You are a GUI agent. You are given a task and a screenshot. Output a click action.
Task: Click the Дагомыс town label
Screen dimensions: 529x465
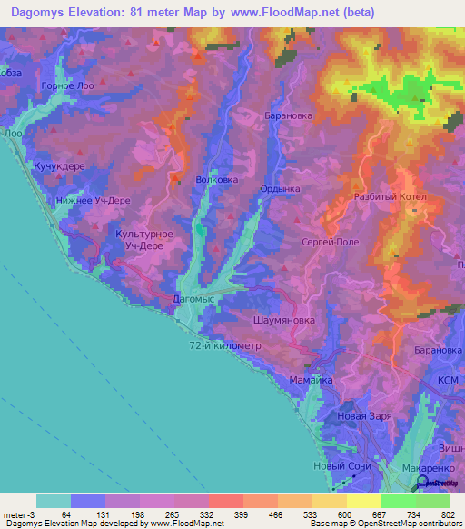192,297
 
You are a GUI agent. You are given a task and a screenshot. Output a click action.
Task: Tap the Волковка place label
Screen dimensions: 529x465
216,180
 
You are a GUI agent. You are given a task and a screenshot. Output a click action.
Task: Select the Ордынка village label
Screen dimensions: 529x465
280,189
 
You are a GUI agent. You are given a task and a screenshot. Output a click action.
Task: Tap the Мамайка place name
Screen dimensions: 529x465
311,378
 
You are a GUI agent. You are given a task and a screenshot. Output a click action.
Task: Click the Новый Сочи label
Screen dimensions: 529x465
338,466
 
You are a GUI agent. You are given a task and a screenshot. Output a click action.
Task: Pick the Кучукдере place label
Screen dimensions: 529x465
59,167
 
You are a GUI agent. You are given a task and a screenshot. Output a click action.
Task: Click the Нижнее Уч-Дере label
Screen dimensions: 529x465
94,201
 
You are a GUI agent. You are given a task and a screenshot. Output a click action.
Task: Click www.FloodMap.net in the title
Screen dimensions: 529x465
286,12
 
